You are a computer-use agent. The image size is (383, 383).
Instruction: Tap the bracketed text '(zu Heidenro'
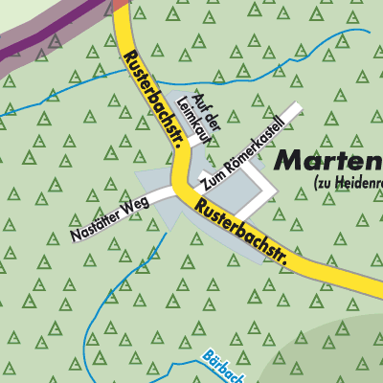[x=347, y=182]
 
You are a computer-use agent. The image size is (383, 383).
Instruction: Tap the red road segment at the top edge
[x=120, y=4]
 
